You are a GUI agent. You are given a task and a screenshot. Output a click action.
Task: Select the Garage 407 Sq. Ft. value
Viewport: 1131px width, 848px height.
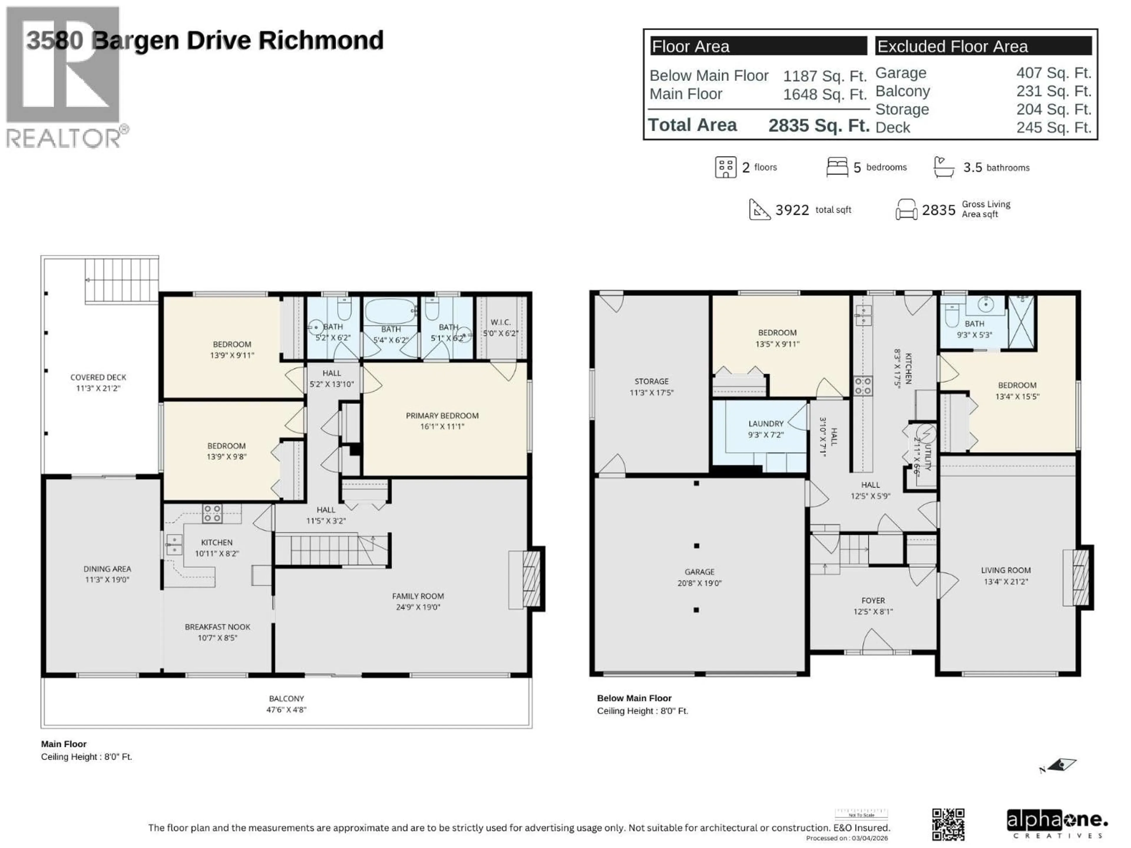pos(1053,73)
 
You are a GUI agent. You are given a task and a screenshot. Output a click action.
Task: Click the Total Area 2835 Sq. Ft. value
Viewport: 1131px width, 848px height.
pos(818,125)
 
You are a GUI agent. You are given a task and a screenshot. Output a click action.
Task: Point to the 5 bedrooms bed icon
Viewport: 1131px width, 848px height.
pos(837,167)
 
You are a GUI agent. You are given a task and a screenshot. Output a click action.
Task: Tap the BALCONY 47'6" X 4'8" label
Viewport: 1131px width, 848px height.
pos(286,703)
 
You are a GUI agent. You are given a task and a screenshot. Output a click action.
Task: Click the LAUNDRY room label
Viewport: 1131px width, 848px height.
pos(765,429)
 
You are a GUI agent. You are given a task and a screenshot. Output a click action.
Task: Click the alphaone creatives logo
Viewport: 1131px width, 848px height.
pos(1056,824)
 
